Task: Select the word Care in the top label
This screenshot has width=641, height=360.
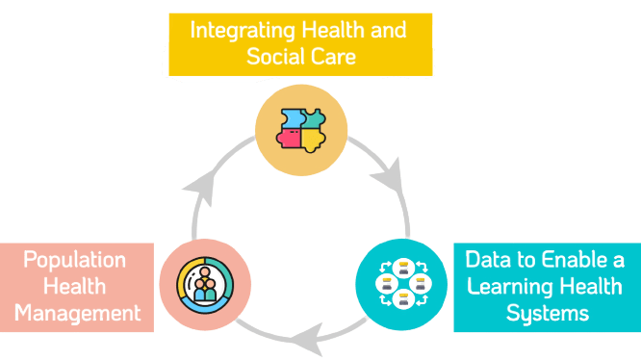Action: click(x=334, y=56)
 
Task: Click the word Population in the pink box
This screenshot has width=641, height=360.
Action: click(x=74, y=261)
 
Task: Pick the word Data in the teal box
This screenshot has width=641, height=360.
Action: click(x=485, y=260)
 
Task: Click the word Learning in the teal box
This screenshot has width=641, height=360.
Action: click(x=506, y=287)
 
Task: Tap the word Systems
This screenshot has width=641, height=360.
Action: click(x=548, y=313)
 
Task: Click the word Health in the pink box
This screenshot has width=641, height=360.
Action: click(x=75, y=287)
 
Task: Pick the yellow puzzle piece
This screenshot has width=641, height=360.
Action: click(x=311, y=141)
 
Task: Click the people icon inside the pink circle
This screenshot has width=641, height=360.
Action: click(x=204, y=286)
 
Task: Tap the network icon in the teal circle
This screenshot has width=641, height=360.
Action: click(x=399, y=284)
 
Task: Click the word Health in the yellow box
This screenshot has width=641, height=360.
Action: click(x=328, y=30)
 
